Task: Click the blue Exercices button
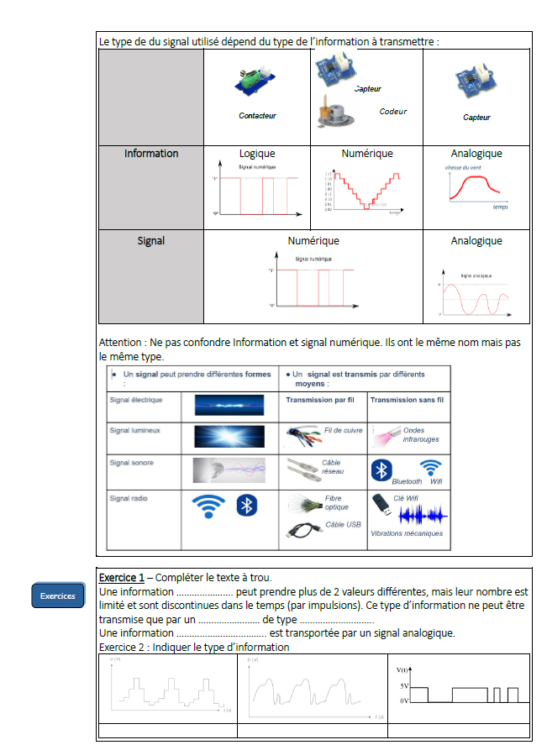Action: click(58, 595)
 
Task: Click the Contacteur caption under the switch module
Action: click(257, 116)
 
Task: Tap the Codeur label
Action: click(392, 112)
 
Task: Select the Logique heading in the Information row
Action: click(257, 154)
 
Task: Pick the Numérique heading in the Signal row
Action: click(313, 241)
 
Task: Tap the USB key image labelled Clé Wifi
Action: click(381, 501)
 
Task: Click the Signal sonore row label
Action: click(132, 463)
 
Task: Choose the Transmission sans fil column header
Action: click(407, 400)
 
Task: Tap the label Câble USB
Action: click(342, 526)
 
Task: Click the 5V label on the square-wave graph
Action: click(404, 686)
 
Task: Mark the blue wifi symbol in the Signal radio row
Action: click(208, 506)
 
